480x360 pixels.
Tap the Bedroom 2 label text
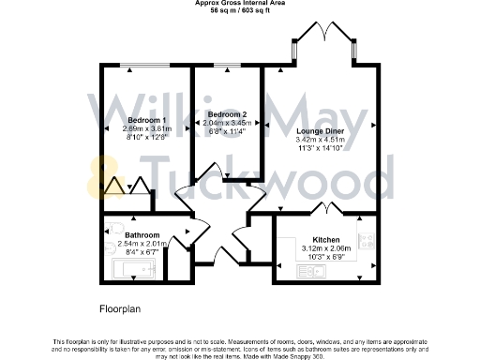tap(228, 113)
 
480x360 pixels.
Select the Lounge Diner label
tap(318, 131)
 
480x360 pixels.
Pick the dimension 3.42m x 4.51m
tap(318, 141)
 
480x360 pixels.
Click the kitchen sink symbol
tap(308, 271)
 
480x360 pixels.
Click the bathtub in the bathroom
tap(131, 270)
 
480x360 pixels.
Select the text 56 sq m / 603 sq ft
tap(240, 10)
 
